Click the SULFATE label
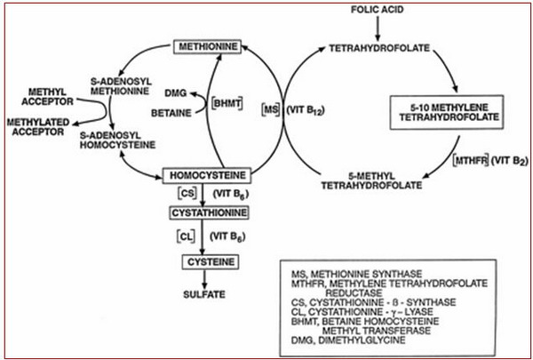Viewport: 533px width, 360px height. point(204,294)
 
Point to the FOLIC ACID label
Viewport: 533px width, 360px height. point(377,10)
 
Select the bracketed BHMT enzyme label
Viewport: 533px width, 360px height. point(227,103)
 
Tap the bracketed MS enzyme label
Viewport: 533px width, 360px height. point(271,110)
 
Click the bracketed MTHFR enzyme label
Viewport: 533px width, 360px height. point(471,160)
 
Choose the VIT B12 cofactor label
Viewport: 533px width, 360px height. point(306,111)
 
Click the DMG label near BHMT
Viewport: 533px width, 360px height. point(175,93)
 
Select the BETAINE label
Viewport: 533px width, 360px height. point(171,113)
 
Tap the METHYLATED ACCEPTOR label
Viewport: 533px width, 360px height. point(37,127)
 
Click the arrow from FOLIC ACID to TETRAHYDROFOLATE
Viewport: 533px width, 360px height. point(378,28)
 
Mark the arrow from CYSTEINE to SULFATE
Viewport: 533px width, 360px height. point(204,279)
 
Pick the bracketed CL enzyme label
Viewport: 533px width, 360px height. point(187,236)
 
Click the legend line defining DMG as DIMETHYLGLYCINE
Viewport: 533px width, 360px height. point(348,340)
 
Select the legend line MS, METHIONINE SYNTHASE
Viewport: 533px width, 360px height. point(356,274)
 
